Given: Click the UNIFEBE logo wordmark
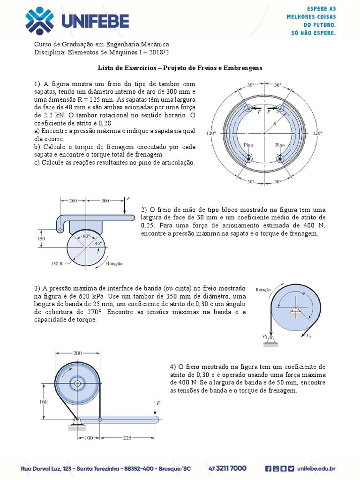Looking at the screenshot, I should [x=94, y=21].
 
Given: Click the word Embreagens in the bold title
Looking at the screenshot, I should [x=242, y=67].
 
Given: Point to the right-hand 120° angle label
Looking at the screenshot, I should [x=318, y=133].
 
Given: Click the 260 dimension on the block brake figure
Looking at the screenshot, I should [x=73, y=201].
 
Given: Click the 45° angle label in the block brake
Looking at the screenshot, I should [x=98, y=243].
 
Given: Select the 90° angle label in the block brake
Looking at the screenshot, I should [x=86, y=237].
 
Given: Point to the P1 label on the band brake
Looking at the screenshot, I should [x=265, y=336].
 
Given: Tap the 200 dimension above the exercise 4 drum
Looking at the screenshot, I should [x=77, y=352].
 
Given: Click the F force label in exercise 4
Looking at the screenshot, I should [x=158, y=403].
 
